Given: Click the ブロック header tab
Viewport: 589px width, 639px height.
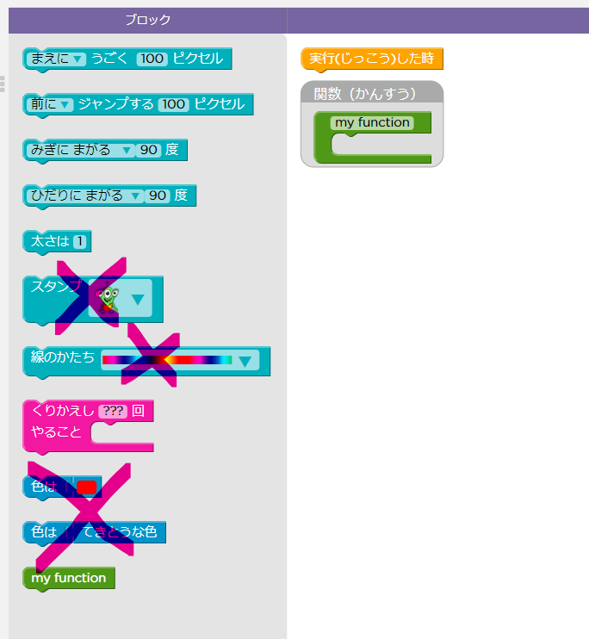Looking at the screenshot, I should tap(147, 20).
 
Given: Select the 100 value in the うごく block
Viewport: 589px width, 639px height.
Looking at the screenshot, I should tap(152, 59).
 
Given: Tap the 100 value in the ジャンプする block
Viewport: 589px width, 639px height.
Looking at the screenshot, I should tap(173, 104).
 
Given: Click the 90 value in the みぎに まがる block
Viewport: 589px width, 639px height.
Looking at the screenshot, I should tap(149, 150).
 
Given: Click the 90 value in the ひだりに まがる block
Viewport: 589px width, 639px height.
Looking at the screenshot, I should tap(157, 195).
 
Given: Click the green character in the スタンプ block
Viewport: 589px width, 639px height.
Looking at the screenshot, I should tap(108, 299).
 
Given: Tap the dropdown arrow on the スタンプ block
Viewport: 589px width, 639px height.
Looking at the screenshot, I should tap(137, 301).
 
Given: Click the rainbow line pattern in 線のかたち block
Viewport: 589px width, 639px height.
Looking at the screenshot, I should tap(167, 360).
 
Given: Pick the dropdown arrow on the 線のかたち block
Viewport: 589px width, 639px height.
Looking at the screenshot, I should tap(246, 361).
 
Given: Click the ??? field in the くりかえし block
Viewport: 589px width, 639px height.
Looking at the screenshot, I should tap(113, 411).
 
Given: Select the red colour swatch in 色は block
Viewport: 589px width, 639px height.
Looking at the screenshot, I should tap(86, 487).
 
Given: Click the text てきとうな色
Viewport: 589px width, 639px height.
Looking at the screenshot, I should tap(120, 532).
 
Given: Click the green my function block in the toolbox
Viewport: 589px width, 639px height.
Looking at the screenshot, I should tap(69, 578).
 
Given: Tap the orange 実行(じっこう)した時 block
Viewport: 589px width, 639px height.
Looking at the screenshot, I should tap(372, 59).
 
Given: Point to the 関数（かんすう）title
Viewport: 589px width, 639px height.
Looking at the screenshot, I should tap(365, 92).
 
